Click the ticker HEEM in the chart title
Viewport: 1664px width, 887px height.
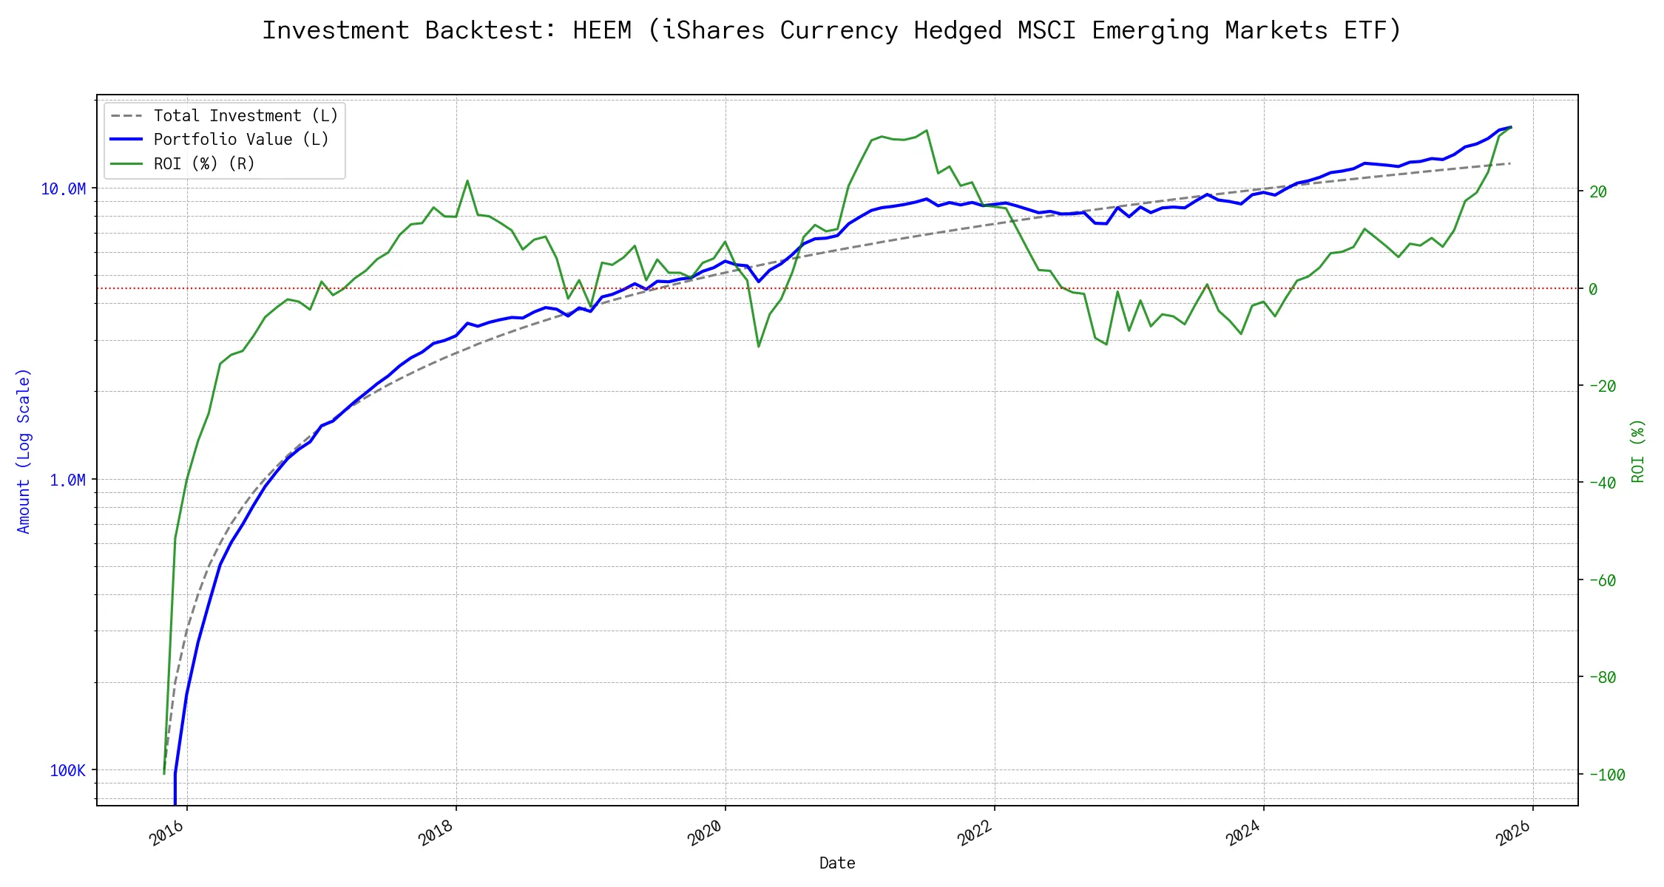click(602, 30)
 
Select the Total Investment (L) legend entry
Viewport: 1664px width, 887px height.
click(246, 116)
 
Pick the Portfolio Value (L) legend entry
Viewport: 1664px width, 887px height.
click(240, 140)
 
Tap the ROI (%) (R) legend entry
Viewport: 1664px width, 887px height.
click(204, 164)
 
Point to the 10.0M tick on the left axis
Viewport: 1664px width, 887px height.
click(64, 189)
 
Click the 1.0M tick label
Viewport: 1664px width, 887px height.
click(68, 480)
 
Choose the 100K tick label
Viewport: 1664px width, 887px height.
click(68, 771)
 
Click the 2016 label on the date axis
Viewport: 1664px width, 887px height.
click(166, 834)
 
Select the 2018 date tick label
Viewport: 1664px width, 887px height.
click(436, 834)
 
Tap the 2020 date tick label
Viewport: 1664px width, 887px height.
click(705, 834)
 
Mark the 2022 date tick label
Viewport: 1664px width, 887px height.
click(974, 834)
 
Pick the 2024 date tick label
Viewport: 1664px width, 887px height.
click(1243, 834)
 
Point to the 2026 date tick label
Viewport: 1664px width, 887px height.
click(1512, 834)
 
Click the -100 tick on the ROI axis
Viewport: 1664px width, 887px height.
click(1607, 775)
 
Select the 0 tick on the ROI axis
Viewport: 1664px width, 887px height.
click(1594, 289)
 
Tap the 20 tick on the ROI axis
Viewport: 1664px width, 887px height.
click(1598, 192)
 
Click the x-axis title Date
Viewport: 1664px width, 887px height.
click(837, 863)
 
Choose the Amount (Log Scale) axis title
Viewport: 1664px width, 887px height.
click(24, 451)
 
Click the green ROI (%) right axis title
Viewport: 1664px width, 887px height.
click(1638, 451)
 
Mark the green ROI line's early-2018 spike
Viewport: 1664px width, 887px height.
click(467, 180)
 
